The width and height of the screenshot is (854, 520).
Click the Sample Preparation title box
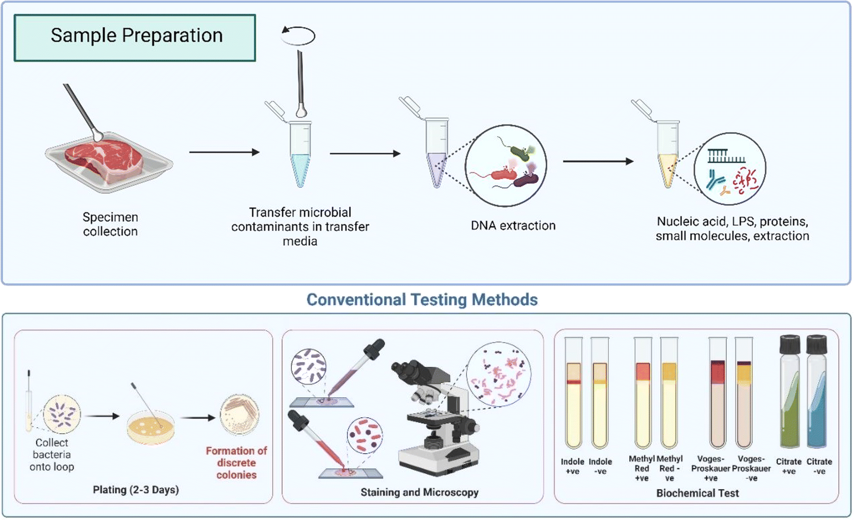pyautogui.click(x=135, y=37)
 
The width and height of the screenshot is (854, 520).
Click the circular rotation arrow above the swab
pyautogui.click(x=299, y=35)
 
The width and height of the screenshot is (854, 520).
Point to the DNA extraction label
pyautogui.click(x=513, y=226)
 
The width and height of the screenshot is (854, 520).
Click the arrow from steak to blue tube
pyautogui.click(x=224, y=152)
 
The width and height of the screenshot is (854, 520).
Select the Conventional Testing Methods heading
pyautogui.click(x=422, y=300)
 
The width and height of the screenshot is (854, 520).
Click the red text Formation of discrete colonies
pyautogui.click(x=236, y=463)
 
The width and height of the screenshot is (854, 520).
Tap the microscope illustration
pyautogui.click(x=436, y=419)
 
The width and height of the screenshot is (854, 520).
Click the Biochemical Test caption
pyautogui.click(x=697, y=493)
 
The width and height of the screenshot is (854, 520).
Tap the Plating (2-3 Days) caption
pyautogui.click(x=136, y=490)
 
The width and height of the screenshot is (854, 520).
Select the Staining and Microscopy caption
pyautogui.click(x=419, y=492)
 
